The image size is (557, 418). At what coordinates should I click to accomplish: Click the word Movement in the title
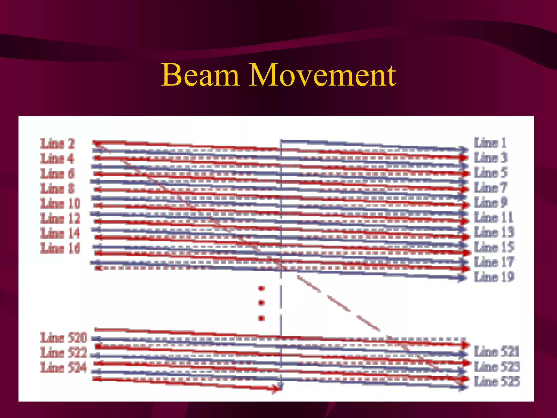[x=322, y=75]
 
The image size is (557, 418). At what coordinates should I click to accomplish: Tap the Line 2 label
[x=57, y=144]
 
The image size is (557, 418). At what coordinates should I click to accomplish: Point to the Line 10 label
[x=60, y=203]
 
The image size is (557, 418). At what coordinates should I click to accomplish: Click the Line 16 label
[x=60, y=248]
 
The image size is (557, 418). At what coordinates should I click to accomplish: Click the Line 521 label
[x=497, y=351]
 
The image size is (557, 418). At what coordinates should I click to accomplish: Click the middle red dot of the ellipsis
[x=261, y=303]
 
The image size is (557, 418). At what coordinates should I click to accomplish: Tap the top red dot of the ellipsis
[x=261, y=288]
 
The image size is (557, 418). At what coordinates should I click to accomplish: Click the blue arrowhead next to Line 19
[x=462, y=278]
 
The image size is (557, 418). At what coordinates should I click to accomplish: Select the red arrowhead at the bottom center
[x=277, y=389]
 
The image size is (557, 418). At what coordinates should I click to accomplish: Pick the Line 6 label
[x=57, y=174]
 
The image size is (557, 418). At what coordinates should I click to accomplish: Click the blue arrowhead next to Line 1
[x=463, y=150]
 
